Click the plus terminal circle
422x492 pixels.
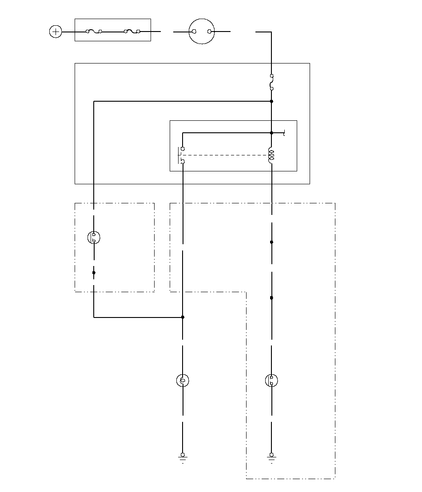point(56,32)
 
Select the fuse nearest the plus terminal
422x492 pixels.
point(94,32)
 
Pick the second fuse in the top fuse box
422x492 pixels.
point(132,32)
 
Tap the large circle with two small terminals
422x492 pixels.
point(202,32)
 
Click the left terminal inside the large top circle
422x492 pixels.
point(194,32)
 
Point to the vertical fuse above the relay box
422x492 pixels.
point(271,83)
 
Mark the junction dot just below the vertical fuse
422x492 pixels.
point(271,101)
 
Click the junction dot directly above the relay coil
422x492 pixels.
point(271,133)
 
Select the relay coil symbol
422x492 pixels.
point(271,155)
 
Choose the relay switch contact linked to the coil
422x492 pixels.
point(182,155)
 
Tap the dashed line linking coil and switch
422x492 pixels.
point(227,155)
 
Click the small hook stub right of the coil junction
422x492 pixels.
point(283,133)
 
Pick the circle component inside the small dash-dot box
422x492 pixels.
point(94,238)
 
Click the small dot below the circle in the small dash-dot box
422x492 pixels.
point(94,273)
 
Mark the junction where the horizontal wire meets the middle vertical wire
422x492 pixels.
point(183,317)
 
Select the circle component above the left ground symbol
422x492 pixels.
point(183,381)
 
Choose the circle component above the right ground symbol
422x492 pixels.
point(271,381)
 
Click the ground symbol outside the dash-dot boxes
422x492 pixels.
point(183,456)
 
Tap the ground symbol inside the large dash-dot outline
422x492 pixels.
point(271,456)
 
